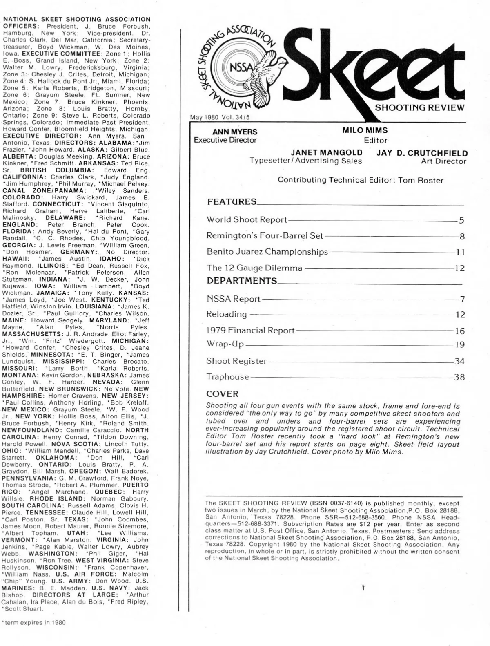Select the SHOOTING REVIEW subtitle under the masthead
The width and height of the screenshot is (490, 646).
click(x=419, y=108)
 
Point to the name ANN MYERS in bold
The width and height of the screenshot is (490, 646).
click(x=235, y=132)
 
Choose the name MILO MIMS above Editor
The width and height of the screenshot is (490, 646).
click(x=365, y=130)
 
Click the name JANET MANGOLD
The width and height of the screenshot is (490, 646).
click(x=326, y=152)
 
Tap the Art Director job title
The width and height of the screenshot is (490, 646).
click(x=443, y=161)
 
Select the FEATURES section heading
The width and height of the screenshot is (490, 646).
click(x=232, y=201)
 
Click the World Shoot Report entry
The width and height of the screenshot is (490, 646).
click(x=247, y=219)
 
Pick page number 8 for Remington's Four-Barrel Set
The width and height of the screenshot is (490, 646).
click(x=462, y=236)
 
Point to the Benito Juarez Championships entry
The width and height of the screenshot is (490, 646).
click(x=267, y=252)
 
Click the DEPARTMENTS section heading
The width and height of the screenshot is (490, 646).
click(x=242, y=281)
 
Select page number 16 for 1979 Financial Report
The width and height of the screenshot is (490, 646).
click(x=460, y=331)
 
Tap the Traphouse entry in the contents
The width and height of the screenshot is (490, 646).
click(x=227, y=377)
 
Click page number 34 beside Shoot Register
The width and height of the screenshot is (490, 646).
click(x=459, y=361)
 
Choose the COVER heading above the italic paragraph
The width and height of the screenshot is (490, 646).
click(x=222, y=394)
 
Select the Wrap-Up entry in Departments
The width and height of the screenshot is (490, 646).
click(x=225, y=344)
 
